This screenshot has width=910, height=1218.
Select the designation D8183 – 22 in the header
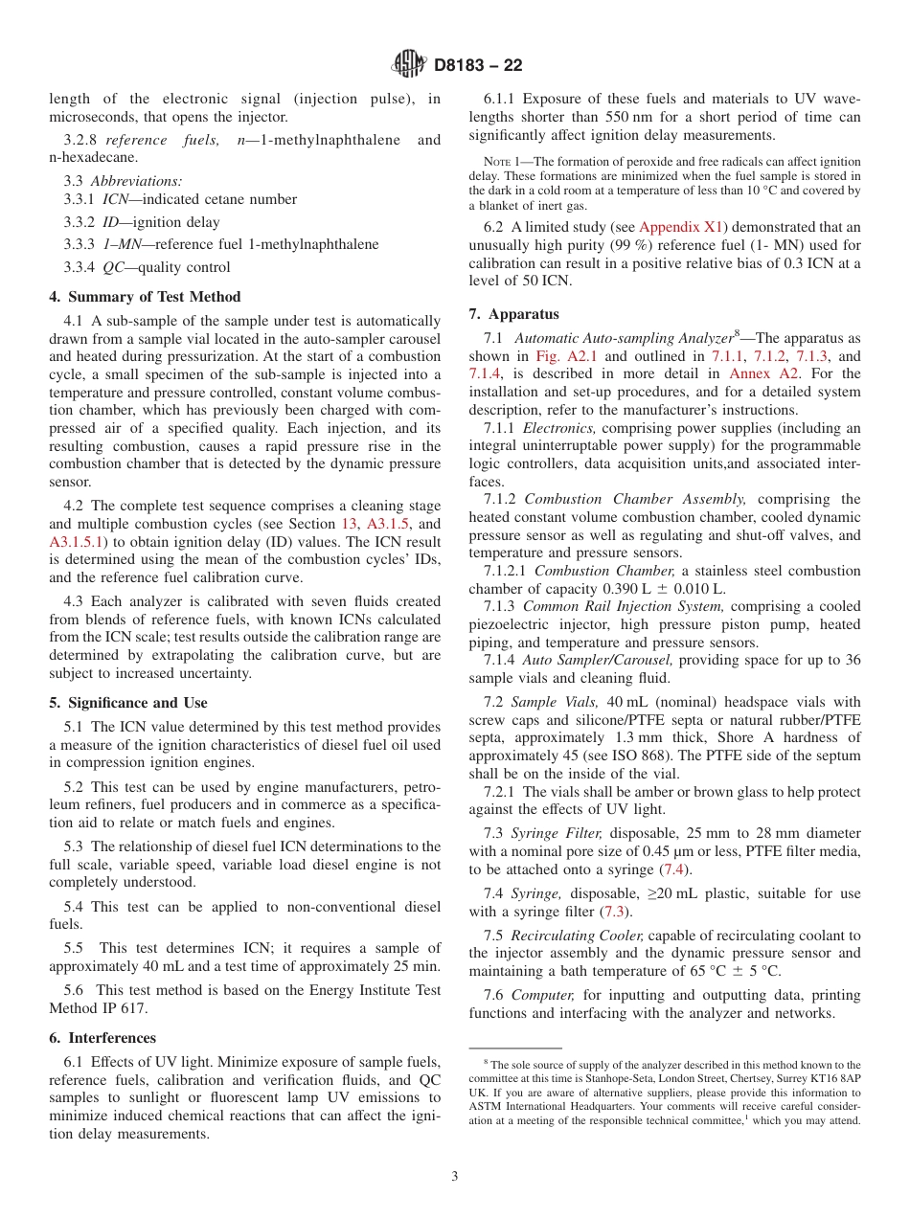478,66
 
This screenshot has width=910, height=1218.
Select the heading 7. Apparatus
513,314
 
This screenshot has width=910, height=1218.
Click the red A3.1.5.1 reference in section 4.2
80,542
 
